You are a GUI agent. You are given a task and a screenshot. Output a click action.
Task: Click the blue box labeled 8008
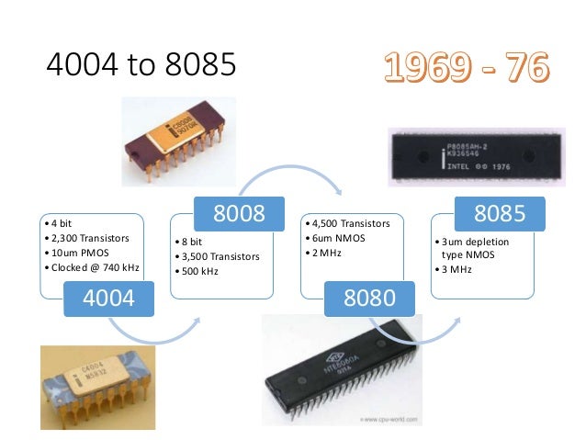239,214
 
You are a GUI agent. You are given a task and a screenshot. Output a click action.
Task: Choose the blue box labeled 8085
500,214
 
